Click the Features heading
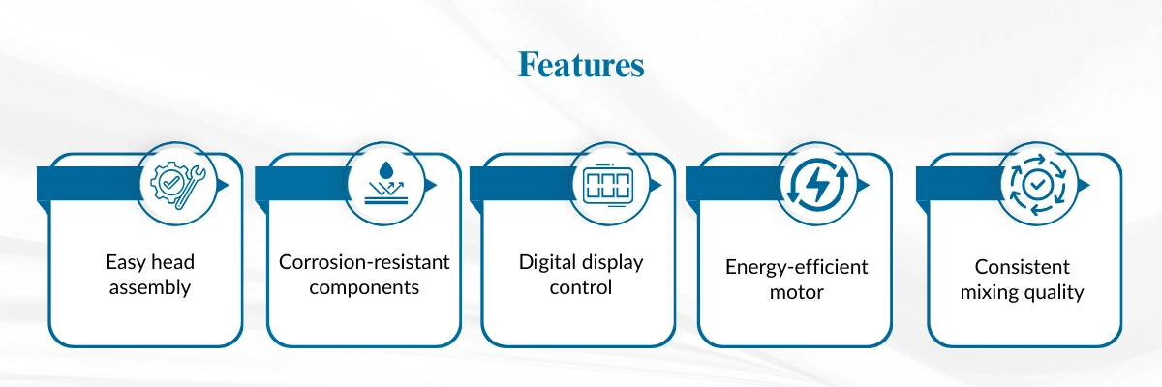(x=581, y=65)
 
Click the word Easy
(x=125, y=262)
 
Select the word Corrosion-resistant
(x=364, y=262)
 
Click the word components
(x=364, y=287)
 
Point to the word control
(x=581, y=287)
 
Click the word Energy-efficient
(x=797, y=267)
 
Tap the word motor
(x=797, y=292)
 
